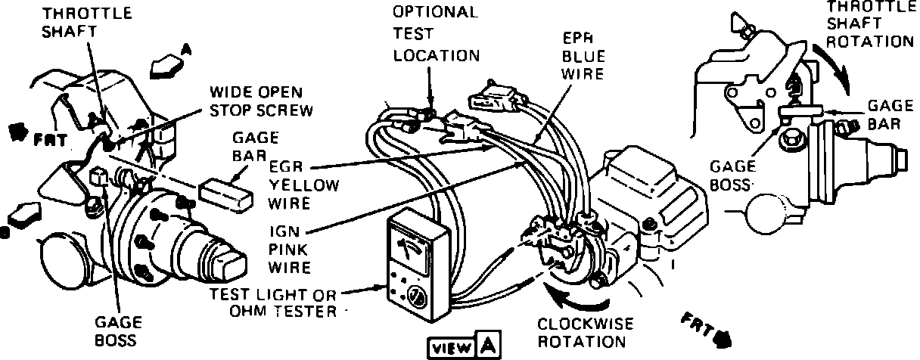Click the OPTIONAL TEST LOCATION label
click(x=436, y=34)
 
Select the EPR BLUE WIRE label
click(x=583, y=54)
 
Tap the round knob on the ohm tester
click(x=415, y=296)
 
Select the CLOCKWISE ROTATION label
click(x=581, y=332)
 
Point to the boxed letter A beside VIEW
click(x=488, y=346)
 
